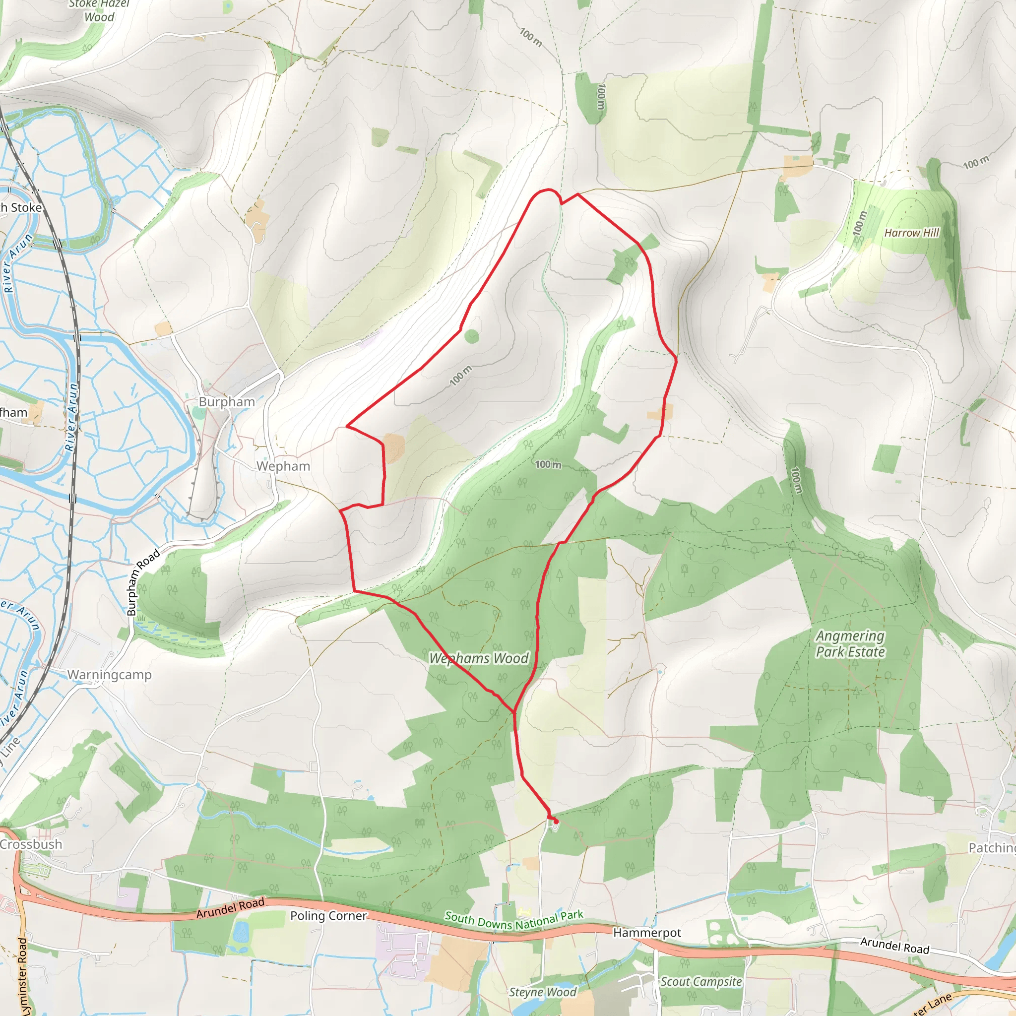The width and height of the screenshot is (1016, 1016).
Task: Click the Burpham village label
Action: (x=227, y=402)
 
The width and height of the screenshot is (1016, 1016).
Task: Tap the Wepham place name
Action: (x=283, y=466)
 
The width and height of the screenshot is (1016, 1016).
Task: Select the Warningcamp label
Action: (x=109, y=674)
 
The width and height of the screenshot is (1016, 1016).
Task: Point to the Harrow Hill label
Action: (x=911, y=233)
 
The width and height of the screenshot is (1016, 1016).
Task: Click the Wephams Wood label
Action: (x=479, y=658)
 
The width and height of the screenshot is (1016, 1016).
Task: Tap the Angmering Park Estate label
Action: (x=850, y=643)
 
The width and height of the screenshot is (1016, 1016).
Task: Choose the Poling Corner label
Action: (x=328, y=916)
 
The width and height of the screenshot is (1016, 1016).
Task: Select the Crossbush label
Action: (x=31, y=844)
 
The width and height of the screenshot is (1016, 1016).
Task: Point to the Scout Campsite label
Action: (x=701, y=981)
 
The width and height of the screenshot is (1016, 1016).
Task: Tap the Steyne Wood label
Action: (x=543, y=992)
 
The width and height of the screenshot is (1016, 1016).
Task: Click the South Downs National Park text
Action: (x=514, y=920)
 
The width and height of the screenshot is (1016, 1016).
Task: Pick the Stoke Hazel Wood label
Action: (x=99, y=10)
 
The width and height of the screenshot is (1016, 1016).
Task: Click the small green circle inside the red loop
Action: (x=472, y=336)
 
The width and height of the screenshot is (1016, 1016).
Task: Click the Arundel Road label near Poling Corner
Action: (x=230, y=908)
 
